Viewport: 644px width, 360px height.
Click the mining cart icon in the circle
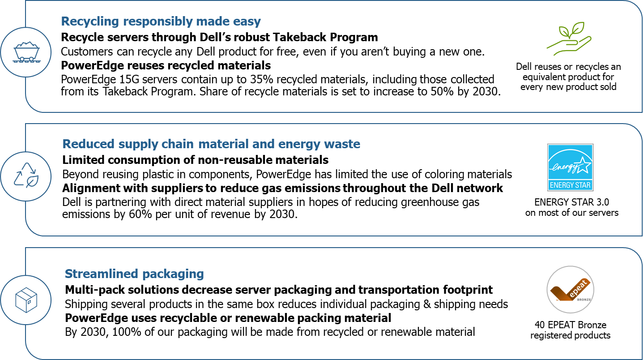(26, 52)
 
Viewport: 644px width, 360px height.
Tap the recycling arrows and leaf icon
(26, 176)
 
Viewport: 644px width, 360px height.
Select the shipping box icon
(26, 300)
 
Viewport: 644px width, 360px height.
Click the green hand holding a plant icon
(569, 39)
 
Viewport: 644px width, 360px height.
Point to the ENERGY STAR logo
(570, 167)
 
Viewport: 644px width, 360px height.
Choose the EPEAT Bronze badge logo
(571, 290)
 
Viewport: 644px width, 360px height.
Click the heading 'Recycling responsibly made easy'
(161, 21)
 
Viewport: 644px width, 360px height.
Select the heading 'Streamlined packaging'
(134, 274)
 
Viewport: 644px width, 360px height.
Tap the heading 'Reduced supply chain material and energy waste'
(211, 144)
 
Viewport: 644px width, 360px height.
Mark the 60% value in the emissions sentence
(140, 214)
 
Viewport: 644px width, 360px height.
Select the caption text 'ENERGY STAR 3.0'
(571, 202)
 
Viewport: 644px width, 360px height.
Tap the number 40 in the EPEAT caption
(540, 325)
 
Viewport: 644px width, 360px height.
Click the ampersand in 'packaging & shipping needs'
(427, 304)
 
